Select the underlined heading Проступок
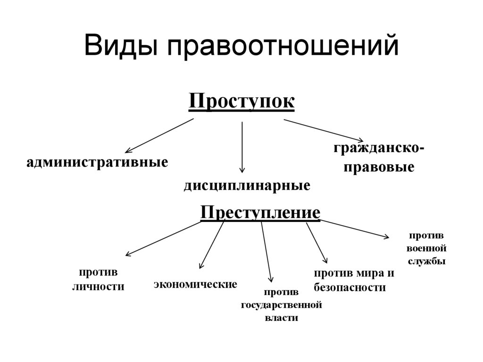(241, 101)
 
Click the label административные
(98, 163)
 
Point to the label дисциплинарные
(247, 185)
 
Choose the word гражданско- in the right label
(379, 148)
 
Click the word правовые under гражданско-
(379, 167)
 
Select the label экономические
(195, 284)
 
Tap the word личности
(98, 286)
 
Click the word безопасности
(350, 287)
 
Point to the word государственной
(282, 305)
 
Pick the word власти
(282, 318)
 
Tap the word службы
(426, 261)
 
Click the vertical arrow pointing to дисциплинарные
(242, 146)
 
